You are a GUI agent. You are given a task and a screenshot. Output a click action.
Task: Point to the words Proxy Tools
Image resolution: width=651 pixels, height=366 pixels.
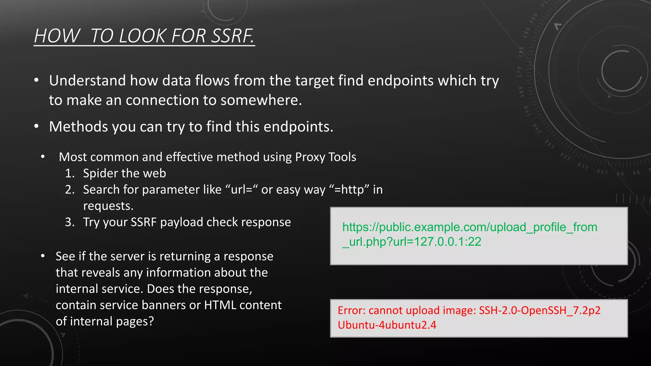(x=325, y=157)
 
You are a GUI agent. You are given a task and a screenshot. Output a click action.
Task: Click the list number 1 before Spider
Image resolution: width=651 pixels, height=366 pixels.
(x=69, y=173)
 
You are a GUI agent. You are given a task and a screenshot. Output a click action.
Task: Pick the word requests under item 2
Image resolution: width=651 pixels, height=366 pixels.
(x=108, y=206)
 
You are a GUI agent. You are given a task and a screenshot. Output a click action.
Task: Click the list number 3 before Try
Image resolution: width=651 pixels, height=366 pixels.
(x=69, y=222)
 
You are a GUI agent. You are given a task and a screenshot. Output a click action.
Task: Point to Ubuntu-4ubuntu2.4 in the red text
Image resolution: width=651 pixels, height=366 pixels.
(x=387, y=325)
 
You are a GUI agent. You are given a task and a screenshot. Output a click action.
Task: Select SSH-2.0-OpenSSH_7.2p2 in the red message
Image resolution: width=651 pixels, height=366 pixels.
(x=540, y=310)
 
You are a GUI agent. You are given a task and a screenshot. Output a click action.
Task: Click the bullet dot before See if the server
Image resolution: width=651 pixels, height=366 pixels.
(x=43, y=256)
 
